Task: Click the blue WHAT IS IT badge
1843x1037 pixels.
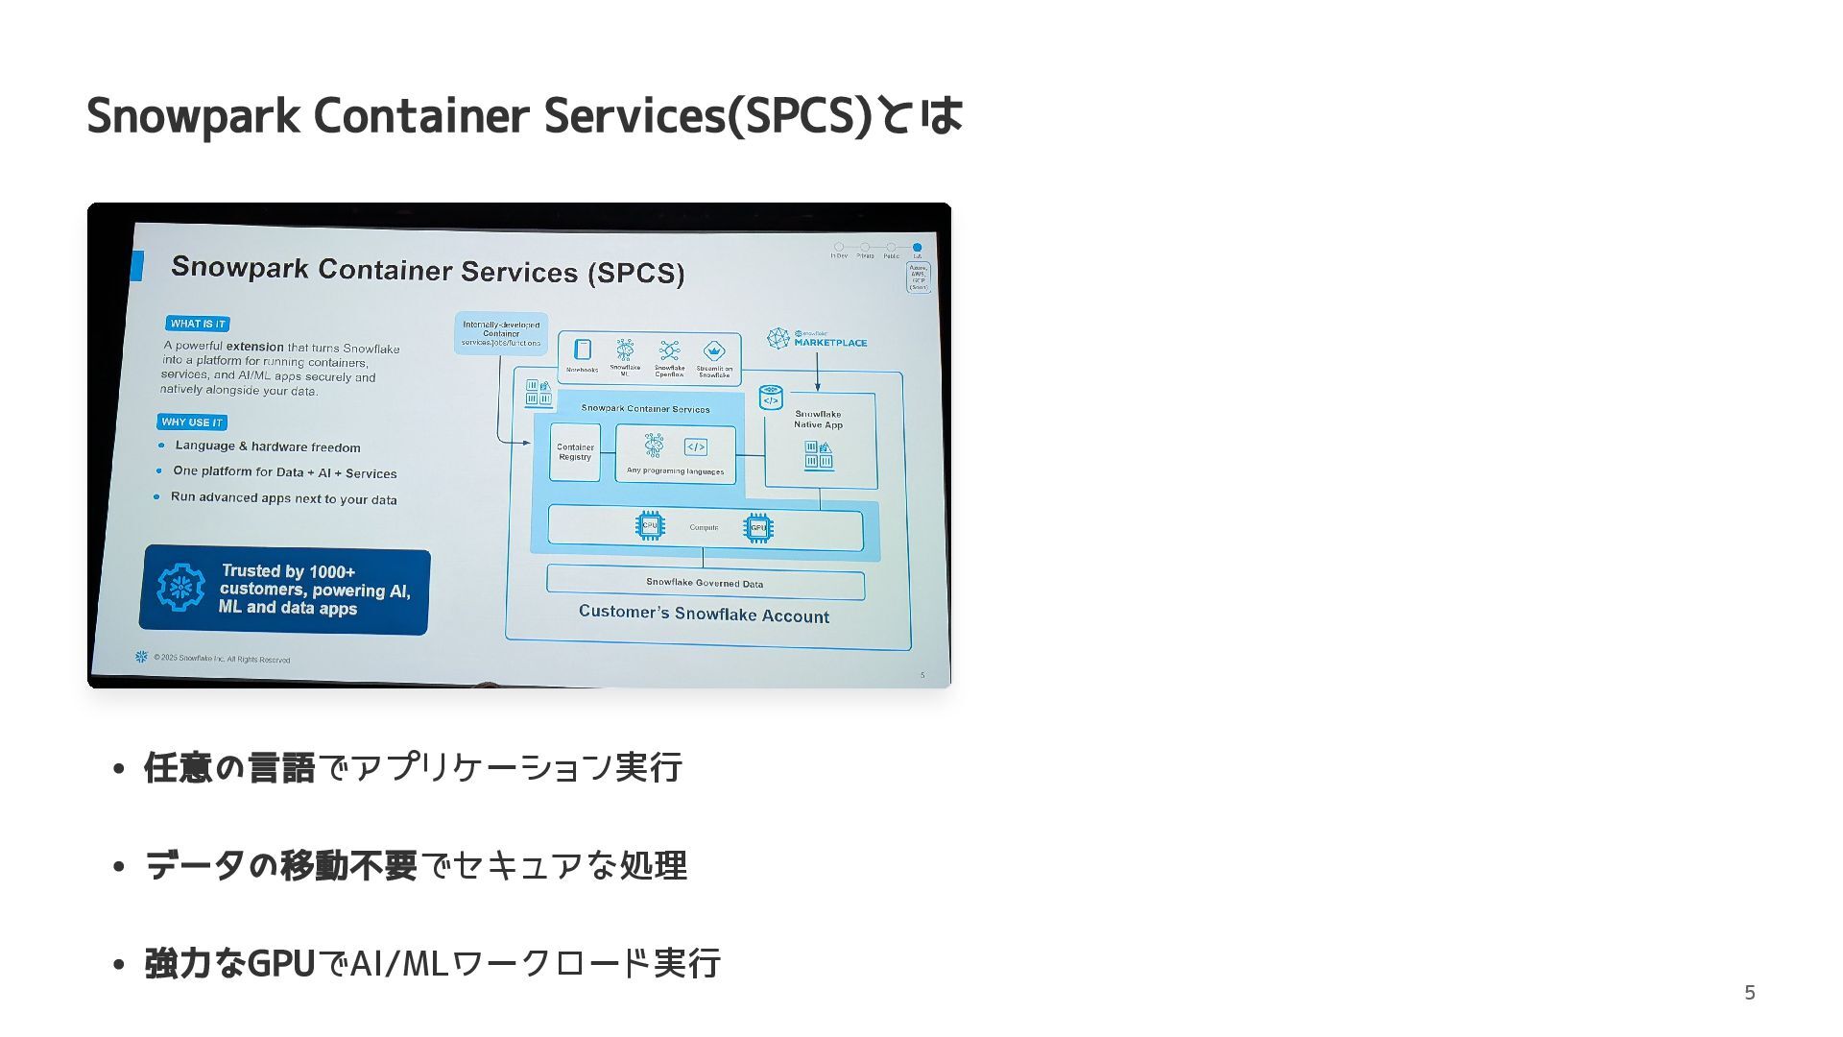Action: click(197, 324)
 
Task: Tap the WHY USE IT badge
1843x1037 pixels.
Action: click(192, 422)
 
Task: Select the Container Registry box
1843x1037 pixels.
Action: click(575, 452)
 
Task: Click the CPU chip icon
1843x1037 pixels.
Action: click(650, 525)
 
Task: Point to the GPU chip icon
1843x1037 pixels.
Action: click(758, 527)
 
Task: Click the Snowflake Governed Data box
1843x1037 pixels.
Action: click(705, 583)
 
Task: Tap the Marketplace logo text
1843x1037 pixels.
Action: click(829, 342)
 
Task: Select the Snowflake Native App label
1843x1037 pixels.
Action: click(818, 420)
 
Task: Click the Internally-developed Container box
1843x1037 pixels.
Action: click(500, 333)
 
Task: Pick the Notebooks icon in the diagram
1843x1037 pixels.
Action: click(582, 350)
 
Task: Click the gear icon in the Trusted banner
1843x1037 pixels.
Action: click(181, 588)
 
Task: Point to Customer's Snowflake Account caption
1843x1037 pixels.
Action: click(704, 615)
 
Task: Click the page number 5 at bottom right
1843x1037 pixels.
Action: click(1749, 992)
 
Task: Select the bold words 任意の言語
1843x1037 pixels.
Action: click(229, 768)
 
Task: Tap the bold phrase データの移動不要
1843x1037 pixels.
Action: click(280, 866)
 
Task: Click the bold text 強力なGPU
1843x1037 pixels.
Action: click(229, 963)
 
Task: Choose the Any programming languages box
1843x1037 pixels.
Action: click(675, 454)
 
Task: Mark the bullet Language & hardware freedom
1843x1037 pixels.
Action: click(268, 446)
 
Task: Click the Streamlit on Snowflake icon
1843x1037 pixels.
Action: click(713, 351)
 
